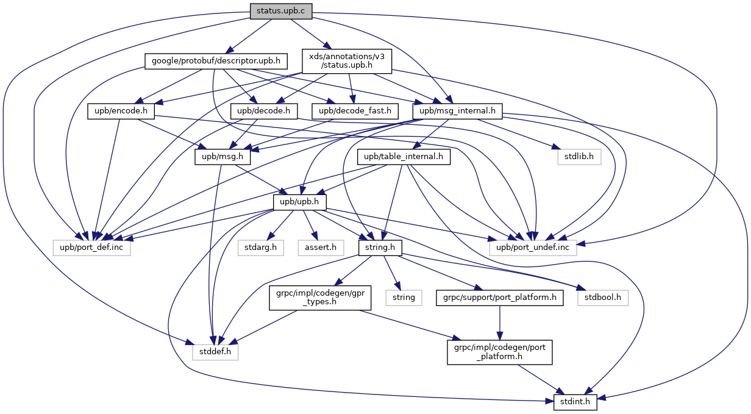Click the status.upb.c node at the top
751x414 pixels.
click(x=281, y=11)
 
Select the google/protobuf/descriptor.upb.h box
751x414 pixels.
click(x=216, y=61)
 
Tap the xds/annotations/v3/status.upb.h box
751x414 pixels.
click(x=347, y=61)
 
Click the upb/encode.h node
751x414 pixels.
click(x=121, y=111)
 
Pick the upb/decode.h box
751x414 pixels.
click(x=264, y=111)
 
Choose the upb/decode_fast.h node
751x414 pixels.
click(x=355, y=111)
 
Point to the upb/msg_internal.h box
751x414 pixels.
click(x=457, y=111)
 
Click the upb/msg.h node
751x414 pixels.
click(x=222, y=157)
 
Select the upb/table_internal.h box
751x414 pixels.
click(x=404, y=157)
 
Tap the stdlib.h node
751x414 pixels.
click(x=579, y=157)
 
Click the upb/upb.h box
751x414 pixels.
click(x=299, y=202)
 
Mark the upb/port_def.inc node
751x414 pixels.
click(x=91, y=248)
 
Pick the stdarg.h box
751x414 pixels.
click(x=260, y=248)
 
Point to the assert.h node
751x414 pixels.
click(x=321, y=248)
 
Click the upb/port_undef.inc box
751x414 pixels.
click(x=533, y=248)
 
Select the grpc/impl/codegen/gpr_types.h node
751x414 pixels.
click(x=320, y=298)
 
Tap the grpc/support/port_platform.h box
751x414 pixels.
click(x=500, y=298)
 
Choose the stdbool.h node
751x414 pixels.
click(x=602, y=298)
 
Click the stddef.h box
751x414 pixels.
click(x=215, y=352)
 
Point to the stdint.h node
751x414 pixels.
click(x=575, y=402)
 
